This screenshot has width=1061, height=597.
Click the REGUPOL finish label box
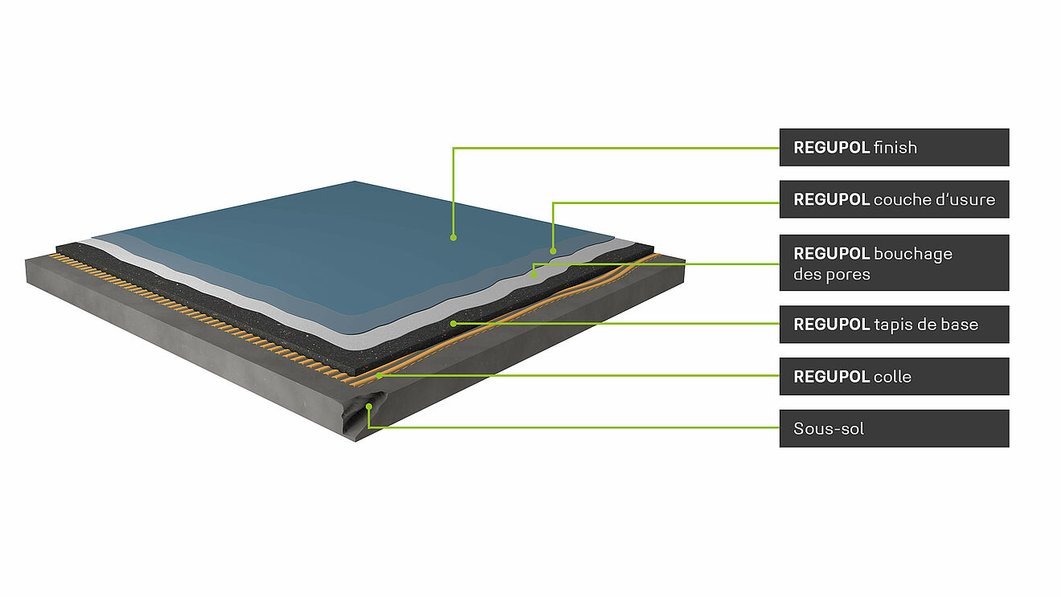[x=895, y=147]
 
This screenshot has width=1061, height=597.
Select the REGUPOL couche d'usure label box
[x=895, y=199]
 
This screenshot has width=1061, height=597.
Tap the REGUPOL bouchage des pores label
[x=895, y=263]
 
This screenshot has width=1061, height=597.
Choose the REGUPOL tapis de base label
[x=895, y=325]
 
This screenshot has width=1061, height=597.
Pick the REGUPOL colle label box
[x=895, y=376]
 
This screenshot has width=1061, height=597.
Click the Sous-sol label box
[x=895, y=428]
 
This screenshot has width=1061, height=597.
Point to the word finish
[x=895, y=147]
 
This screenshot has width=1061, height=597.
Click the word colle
[x=892, y=376]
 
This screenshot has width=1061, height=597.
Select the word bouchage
[x=913, y=254]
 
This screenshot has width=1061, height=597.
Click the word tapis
[x=890, y=325]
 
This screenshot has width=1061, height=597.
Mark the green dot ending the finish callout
[x=453, y=238]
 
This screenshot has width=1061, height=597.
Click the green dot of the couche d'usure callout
[x=553, y=251]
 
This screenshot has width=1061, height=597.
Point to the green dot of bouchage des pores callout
[x=534, y=275]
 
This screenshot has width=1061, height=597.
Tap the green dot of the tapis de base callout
[x=453, y=324]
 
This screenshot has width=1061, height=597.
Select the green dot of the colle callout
[x=379, y=376]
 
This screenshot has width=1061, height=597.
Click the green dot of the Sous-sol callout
[x=368, y=407]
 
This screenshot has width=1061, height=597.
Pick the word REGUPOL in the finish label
[x=832, y=148]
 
